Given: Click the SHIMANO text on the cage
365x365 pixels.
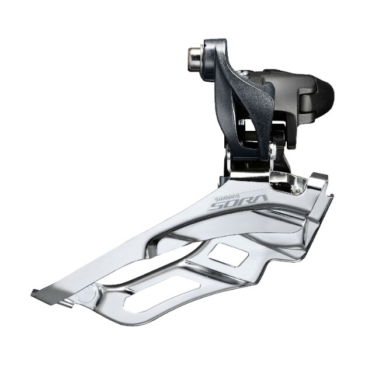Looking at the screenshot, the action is click(x=225, y=198).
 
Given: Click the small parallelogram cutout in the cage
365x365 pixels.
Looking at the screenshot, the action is click(x=228, y=255).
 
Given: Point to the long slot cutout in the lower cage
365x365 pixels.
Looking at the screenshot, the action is click(x=162, y=293).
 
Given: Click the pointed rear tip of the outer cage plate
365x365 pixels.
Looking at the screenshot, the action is click(x=32, y=292).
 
